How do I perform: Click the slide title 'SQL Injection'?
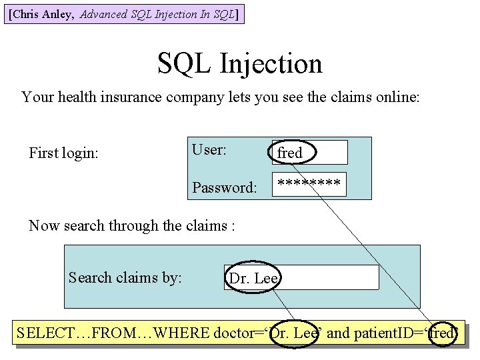240,63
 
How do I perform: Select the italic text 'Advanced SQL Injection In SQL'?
157,14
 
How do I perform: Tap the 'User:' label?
209,150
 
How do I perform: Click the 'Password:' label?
224,187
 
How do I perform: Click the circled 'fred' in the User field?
291,153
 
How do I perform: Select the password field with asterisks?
309,183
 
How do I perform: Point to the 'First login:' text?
63,153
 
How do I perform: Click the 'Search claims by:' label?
125,277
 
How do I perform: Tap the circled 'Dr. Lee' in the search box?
253,278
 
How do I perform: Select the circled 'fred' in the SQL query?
441,332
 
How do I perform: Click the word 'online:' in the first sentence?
397,97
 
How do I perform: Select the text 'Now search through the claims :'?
132,225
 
